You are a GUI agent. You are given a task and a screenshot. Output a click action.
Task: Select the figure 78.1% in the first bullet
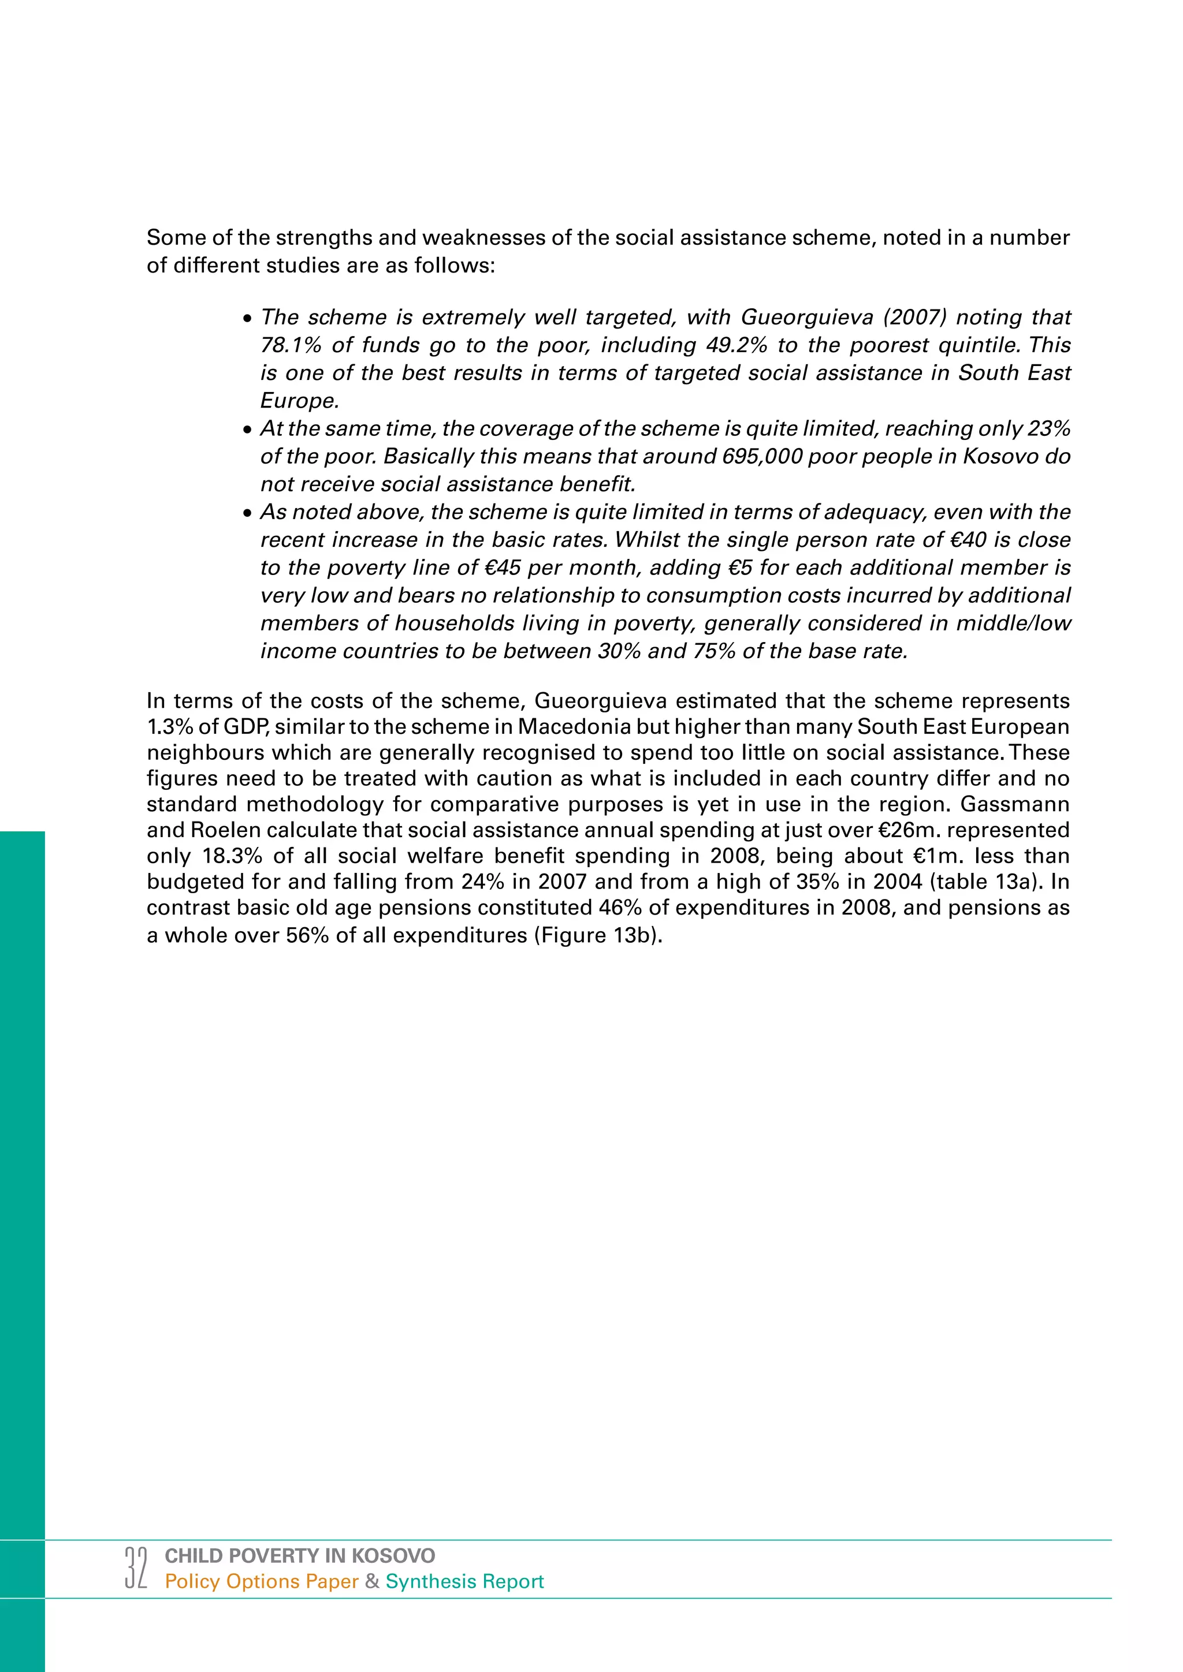click(291, 345)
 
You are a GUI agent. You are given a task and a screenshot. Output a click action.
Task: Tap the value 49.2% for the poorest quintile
click(736, 345)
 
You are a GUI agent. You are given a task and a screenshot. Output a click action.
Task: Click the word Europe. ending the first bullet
click(299, 401)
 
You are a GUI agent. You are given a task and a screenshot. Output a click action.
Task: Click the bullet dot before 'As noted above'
click(248, 513)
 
